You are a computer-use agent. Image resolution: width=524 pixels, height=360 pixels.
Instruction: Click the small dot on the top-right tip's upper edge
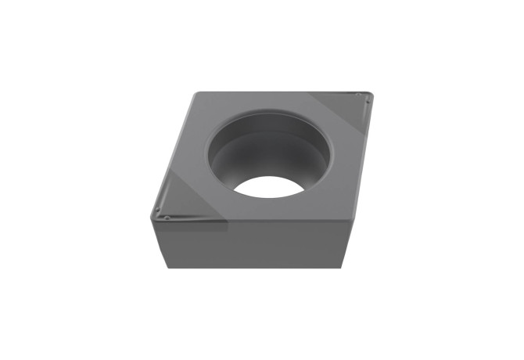[x=357, y=95]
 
